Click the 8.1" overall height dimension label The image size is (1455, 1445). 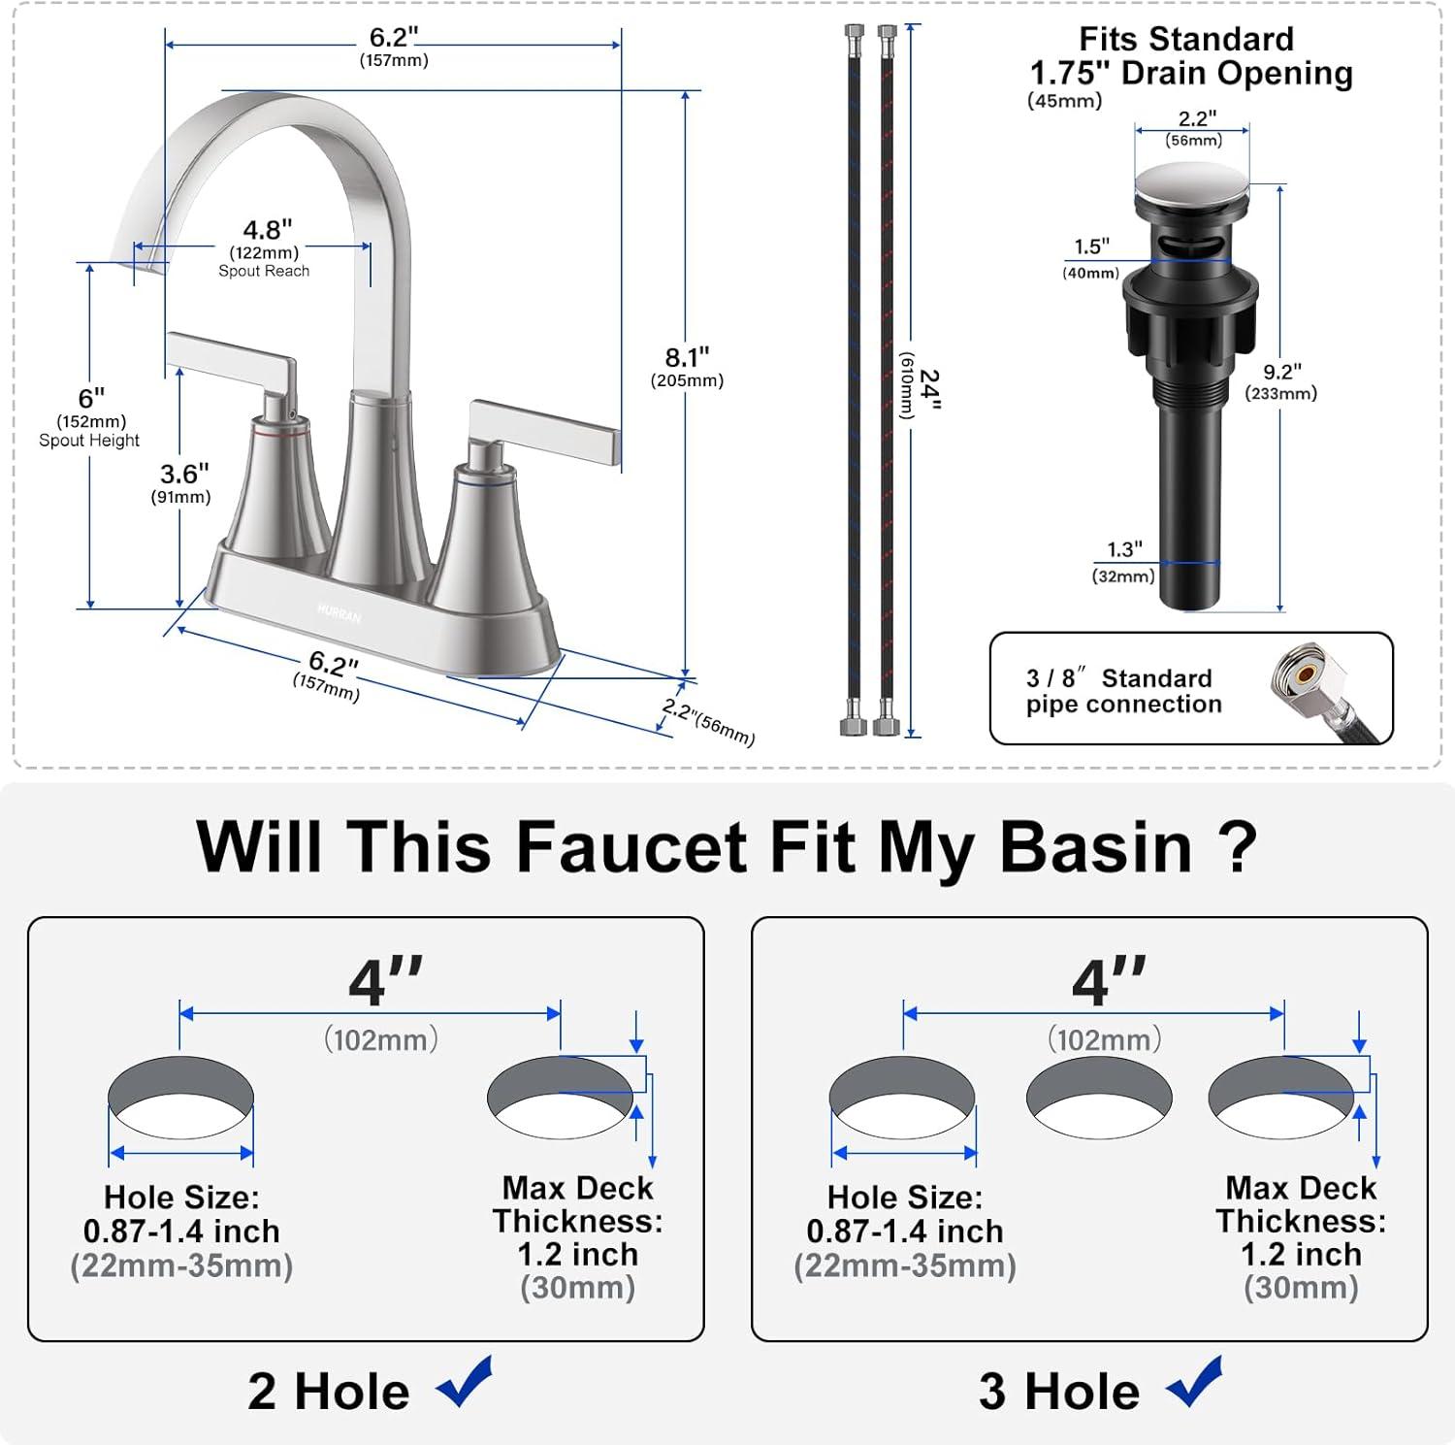point(687,358)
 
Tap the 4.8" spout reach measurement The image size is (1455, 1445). point(267,231)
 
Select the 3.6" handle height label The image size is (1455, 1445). point(183,475)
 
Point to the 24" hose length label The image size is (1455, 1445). point(928,389)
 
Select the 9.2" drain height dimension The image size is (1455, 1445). point(1281,373)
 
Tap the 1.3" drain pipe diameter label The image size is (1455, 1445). point(1124,550)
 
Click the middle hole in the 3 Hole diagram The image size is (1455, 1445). point(1099,1098)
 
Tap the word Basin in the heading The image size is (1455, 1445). point(1095,847)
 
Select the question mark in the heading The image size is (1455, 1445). point(1236,847)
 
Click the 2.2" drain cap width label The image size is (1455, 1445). point(1197,118)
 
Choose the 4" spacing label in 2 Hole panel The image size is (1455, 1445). point(385,982)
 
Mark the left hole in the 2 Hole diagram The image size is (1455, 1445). point(181,1098)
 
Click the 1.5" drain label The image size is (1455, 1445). point(1091,247)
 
